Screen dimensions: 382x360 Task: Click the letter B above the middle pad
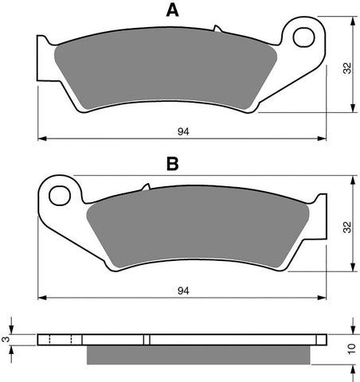(x=171, y=164)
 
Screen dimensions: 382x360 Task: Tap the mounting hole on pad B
(x=58, y=193)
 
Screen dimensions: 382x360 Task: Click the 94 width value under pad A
(x=183, y=131)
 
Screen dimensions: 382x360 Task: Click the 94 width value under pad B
(x=183, y=290)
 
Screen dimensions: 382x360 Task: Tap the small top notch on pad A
(x=216, y=29)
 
